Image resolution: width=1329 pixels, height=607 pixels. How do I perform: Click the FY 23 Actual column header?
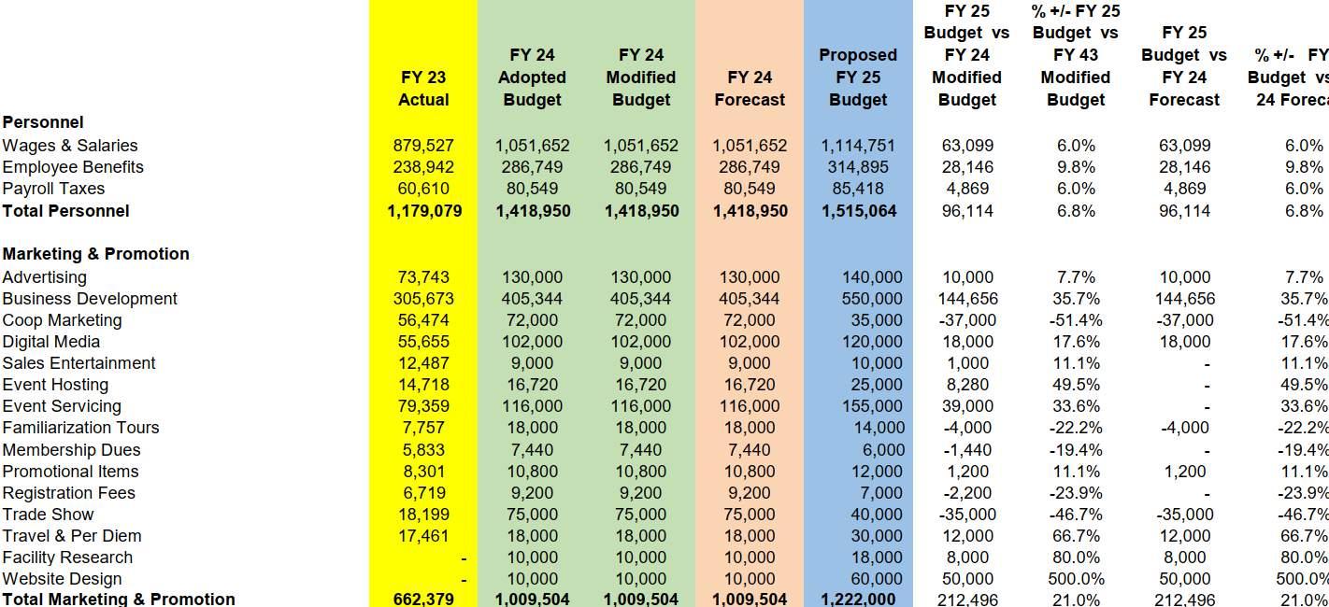423,89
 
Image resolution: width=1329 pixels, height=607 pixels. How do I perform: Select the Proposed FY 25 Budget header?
857,78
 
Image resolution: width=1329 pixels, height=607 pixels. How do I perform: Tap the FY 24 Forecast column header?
749,89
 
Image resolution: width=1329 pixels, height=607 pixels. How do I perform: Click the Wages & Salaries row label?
70,146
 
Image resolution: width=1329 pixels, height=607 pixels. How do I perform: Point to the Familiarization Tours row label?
80,428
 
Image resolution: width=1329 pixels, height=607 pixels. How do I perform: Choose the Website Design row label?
62,579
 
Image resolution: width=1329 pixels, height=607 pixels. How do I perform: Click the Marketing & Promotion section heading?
95,254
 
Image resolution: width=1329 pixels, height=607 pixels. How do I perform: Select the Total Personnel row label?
65,211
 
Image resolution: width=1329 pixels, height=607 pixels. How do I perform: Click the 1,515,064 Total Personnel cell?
858,211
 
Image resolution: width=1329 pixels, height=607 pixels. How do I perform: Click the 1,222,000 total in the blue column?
858,600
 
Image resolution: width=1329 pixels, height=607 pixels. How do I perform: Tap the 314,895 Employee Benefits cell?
858,167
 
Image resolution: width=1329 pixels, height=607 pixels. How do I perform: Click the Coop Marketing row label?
62,320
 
